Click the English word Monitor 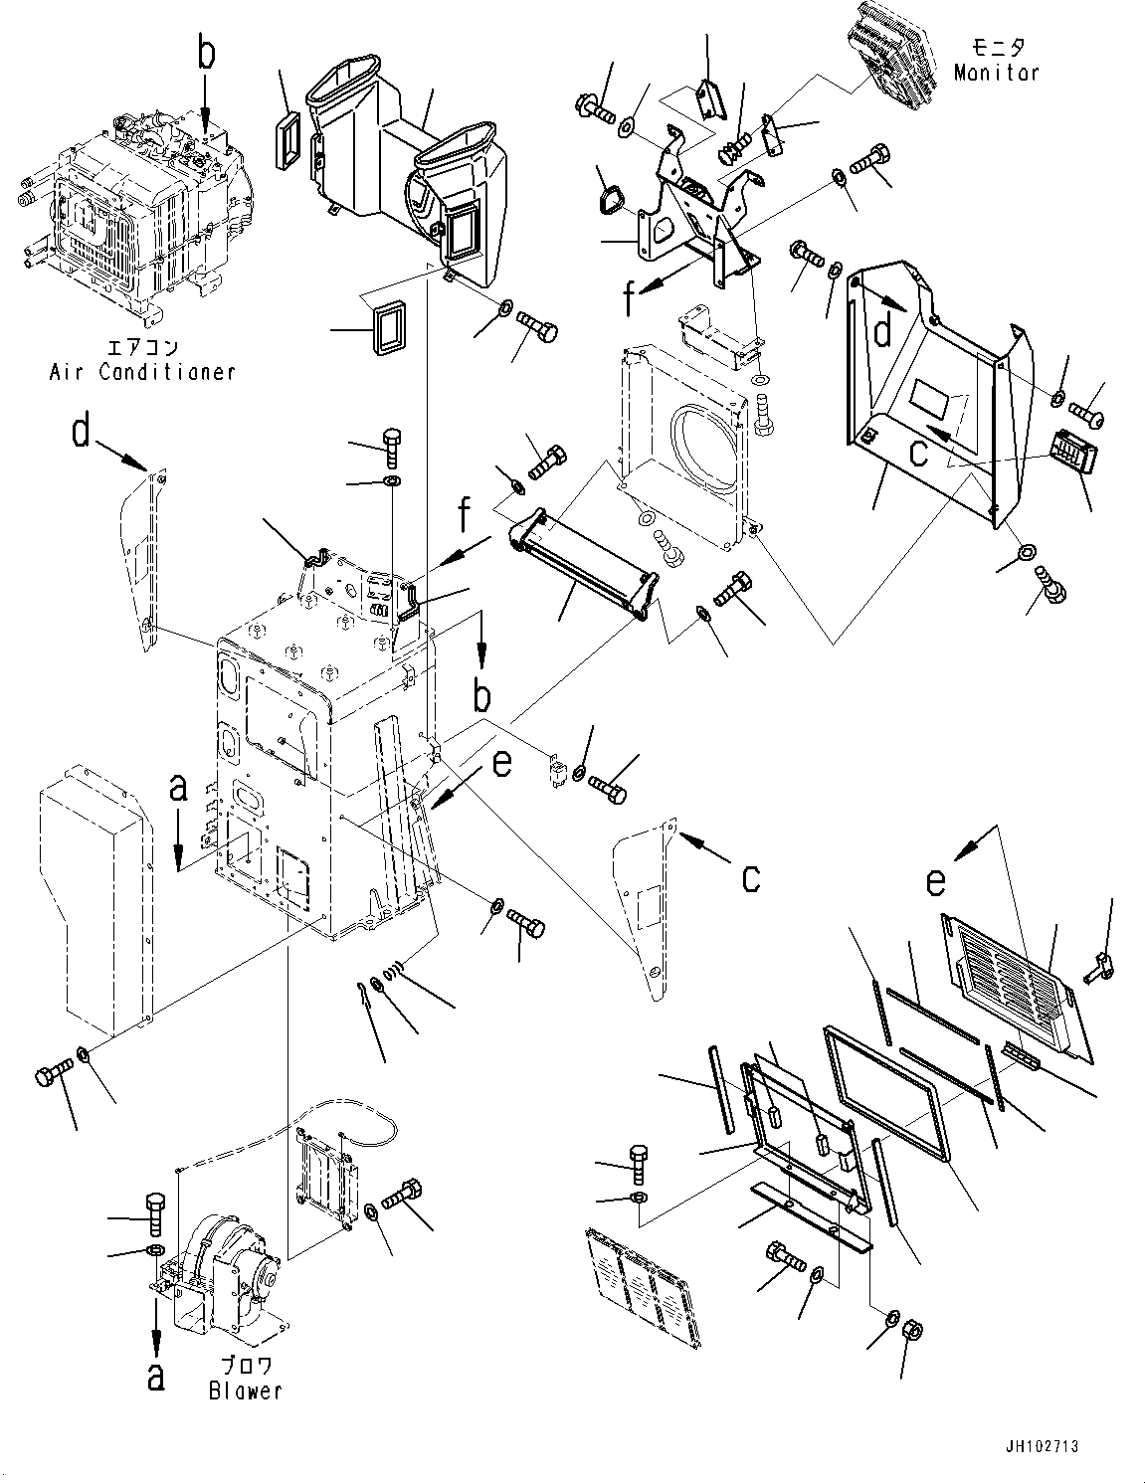pyautogui.click(x=996, y=73)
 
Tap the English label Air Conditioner pyautogui.click(x=142, y=372)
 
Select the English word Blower pyautogui.click(x=245, y=1390)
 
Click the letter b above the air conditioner pyautogui.click(x=205, y=56)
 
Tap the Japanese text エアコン pyautogui.click(x=141, y=348)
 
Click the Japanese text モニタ pyautogui.click(x=997, y=48)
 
